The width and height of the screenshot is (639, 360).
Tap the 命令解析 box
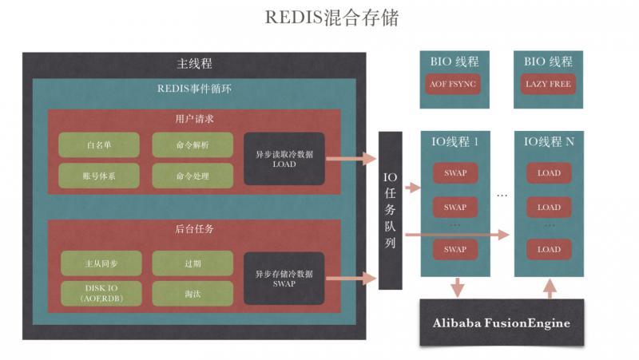(x=192, y=144)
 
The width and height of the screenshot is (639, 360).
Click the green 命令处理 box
(x=192, y=176)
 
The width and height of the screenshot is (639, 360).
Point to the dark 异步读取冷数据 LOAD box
(x=284, y=159)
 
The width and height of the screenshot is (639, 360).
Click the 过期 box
(x=192, y=263)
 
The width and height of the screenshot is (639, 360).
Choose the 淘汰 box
(x=192, y=293)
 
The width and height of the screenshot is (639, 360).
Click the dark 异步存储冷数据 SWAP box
(x=284, y=279)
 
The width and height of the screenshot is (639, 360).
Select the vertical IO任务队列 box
(x=391, y=210)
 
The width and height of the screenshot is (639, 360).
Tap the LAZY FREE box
(x=548, y=84)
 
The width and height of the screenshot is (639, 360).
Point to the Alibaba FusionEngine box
(x=501, y=322)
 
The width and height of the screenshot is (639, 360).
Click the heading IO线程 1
(x=454, y=142)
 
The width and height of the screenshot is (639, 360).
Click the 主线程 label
(x=194, y=64)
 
